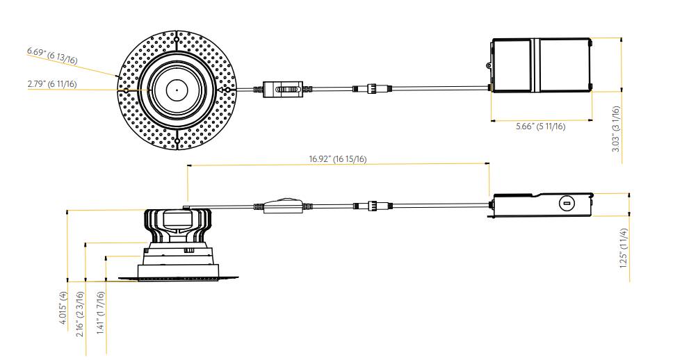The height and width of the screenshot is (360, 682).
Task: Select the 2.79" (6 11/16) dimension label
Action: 52,84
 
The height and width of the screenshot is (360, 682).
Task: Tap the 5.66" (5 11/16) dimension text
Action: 540,126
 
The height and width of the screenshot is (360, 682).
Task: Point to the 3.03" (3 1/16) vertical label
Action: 616,133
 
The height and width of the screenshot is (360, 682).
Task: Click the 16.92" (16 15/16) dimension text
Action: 338,158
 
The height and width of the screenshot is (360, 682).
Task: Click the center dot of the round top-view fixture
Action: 177,90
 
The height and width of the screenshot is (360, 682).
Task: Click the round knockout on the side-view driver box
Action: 567,203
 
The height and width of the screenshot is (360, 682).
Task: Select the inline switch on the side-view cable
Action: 283,206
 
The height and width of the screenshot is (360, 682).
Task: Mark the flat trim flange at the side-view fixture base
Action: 179,279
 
